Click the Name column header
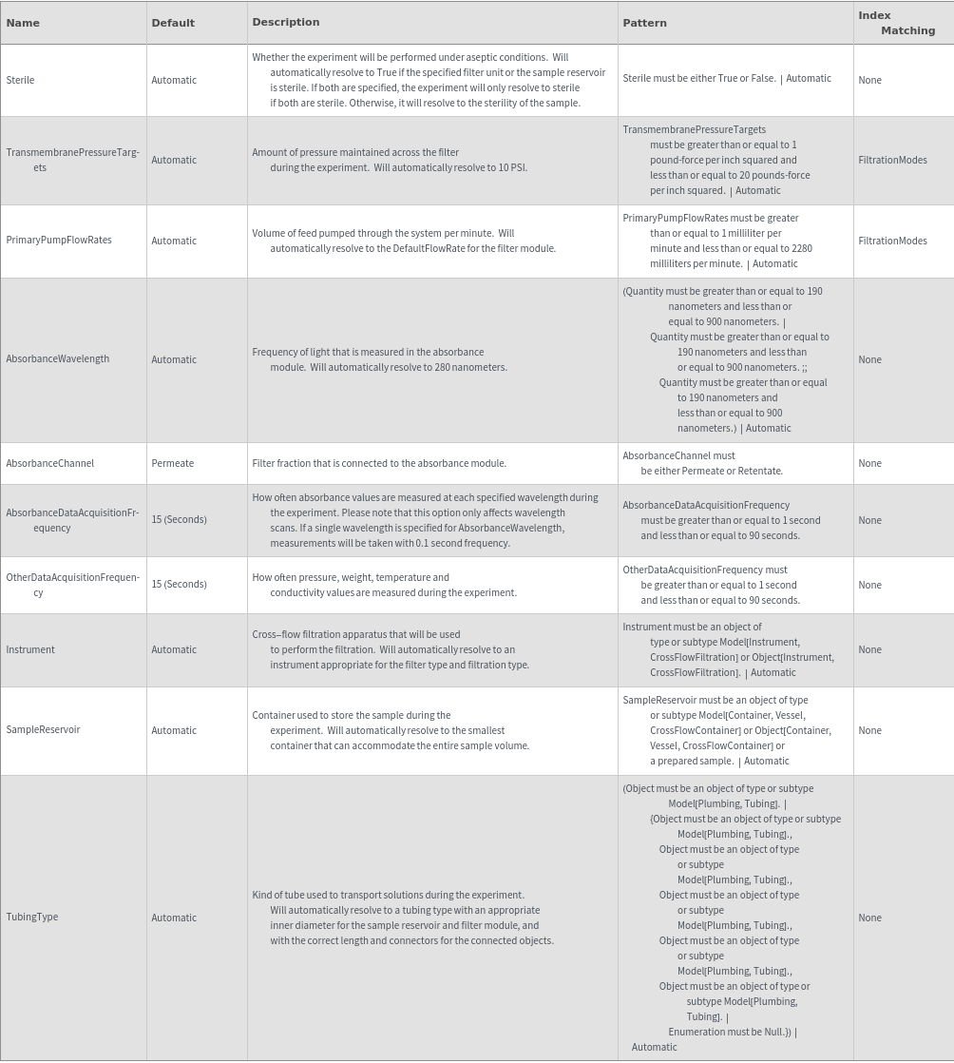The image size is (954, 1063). (x=23, y=23)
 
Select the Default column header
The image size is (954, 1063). (x=173, y=23)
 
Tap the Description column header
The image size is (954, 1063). (x=286, y=22)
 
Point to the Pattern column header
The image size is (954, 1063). (x=644, y=23)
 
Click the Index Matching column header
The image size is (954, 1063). (x=896, y=23)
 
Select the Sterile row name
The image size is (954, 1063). (x=20, y=80)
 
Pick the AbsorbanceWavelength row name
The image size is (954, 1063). (x=58, y=359)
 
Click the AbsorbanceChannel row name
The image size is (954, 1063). (x=50, y=463)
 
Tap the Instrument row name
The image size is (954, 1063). (x=30, y=649)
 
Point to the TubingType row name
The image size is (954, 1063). (x=32, y=918)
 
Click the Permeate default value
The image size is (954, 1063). (x=172, y=463)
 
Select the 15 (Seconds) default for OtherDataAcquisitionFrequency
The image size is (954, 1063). (x=179, y=585)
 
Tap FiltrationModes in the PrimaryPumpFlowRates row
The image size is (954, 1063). (x=892, y=241)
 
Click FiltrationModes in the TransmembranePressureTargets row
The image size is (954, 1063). (x=892, y=160)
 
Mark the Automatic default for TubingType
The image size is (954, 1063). (x=174, y=918)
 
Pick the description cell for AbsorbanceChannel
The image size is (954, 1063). (x=379, y=463)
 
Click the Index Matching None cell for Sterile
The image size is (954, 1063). (x=869, y=80)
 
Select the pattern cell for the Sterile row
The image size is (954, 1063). (x=727, y=79)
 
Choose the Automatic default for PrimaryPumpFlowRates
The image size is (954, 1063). (x=174, y=241)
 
